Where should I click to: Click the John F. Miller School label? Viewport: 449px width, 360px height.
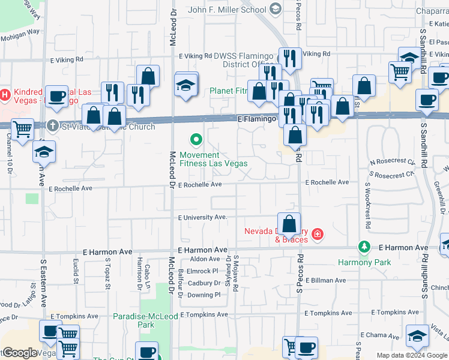point(227,10)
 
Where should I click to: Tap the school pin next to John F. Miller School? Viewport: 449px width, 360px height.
point(276,9)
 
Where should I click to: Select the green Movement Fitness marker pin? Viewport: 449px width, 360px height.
point(196,140)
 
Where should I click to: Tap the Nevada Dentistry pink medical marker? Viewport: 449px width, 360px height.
point(317,235)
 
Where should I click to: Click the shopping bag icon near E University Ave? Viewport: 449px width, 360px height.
point(289,224)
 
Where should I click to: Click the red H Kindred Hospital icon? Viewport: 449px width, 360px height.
point(6,95)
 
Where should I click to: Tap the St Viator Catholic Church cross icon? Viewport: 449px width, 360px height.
point(53,126)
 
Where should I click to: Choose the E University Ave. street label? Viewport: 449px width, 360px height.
point(203,217)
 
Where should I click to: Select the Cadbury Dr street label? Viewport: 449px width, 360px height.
point(204,283)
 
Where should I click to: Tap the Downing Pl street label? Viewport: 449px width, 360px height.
point(204,295)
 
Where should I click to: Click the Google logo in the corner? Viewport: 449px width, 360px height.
point(20,353)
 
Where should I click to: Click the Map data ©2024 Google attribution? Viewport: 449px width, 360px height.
point(412,355)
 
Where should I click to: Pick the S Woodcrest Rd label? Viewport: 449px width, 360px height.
point(366,205)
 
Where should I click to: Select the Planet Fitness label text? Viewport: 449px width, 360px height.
point(229,91)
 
